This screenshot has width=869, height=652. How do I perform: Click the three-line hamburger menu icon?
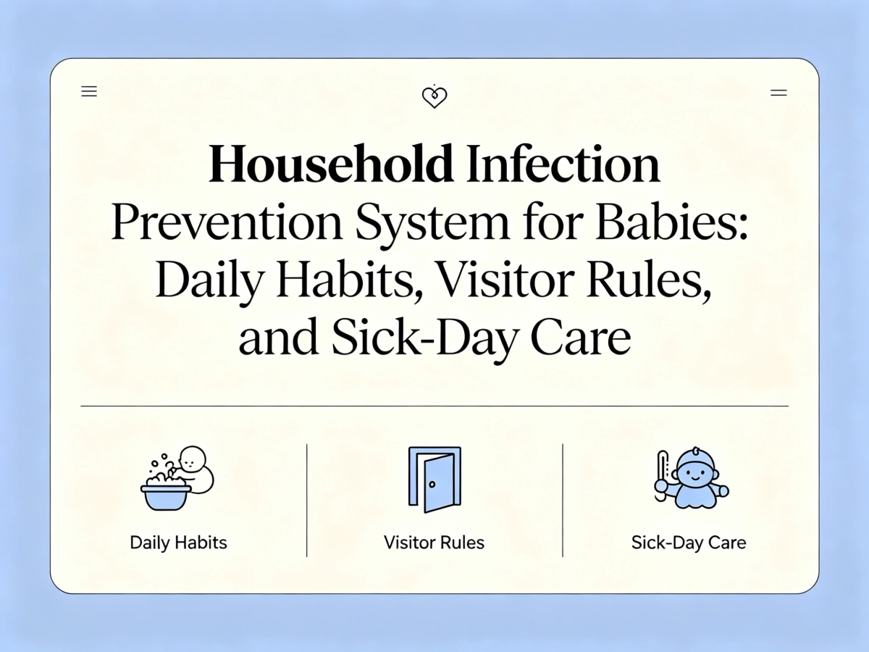[89, 92]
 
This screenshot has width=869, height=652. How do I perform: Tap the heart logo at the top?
[434, 96]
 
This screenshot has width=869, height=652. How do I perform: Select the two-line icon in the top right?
[778, 93]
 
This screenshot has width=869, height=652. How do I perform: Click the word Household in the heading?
[332, 164]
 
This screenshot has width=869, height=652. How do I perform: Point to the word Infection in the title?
[563, 164]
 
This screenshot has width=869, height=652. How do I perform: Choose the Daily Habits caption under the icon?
[178, 543]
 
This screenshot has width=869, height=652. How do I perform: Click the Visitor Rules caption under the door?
[434, 543]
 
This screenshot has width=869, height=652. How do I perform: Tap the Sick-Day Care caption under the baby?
[689, 543]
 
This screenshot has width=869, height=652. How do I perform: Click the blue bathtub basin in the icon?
[165, 497]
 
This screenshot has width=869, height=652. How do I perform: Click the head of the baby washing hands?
[192, 459]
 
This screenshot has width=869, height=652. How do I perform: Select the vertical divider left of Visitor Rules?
[307, 500]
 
